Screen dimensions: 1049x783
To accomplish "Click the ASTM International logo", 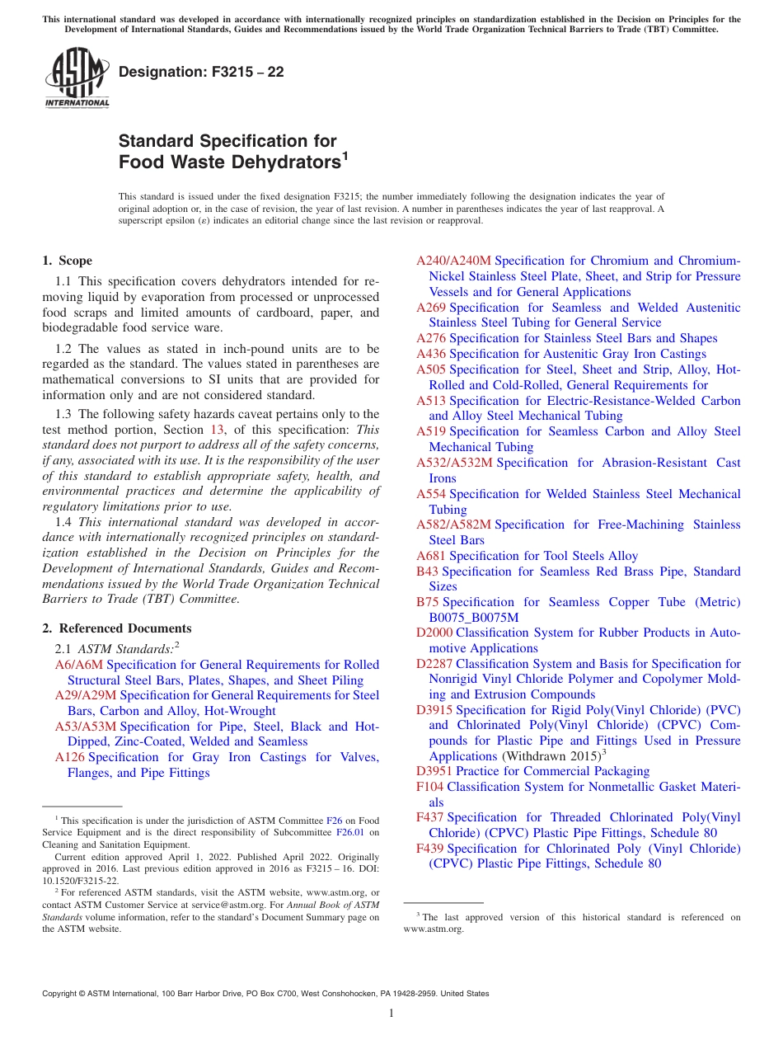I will pyautogui.click(x=77, y=78).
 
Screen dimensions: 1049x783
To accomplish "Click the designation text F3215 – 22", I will pyautogui.click(x=201, y=73).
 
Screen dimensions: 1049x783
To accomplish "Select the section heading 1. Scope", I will pyautogui.click(x=67, y=261).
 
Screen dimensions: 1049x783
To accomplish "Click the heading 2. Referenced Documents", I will pyautogui.click(x=117, y=628).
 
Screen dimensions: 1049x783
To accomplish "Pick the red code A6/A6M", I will pyautogui.click(x=79, y=665).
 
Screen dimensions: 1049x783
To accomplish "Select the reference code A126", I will pyautogui.click(x=70, y=757).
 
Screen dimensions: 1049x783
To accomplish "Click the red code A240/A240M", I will pyautogui.click(x=453, y=261).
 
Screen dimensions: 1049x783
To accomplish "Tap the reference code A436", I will pyautogui.click(x=431, y=354).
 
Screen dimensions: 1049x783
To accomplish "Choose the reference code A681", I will pyautogui.click(x=431, y=556).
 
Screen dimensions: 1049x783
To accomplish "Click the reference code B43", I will pyautogui.click(x=428, y=572).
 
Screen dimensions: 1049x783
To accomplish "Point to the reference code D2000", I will pyautogui.click(x=434, y=633).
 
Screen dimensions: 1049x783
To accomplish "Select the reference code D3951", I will pyautogui.click(x=434, y=771).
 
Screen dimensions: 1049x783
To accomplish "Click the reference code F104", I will pyautogui.click(x=430, y=787).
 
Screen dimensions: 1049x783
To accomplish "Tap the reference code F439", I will pyautogui.click(x=430, y=848).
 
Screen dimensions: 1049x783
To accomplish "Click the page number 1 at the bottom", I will pyautogui.click(x=391, y=1014).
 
